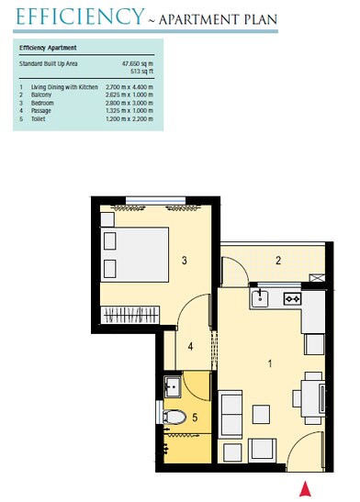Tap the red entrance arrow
[306, 488]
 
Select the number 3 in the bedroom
[185, 262]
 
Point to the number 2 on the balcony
[277, 261]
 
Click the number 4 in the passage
[190, 346]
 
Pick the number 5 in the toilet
[195, 418]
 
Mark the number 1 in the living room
[269, 363]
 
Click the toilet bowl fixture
[174, 418]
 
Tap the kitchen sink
[261, 296]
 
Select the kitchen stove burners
[293, 297]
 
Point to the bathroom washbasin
[171, 385]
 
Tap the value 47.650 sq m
[136, 61]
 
